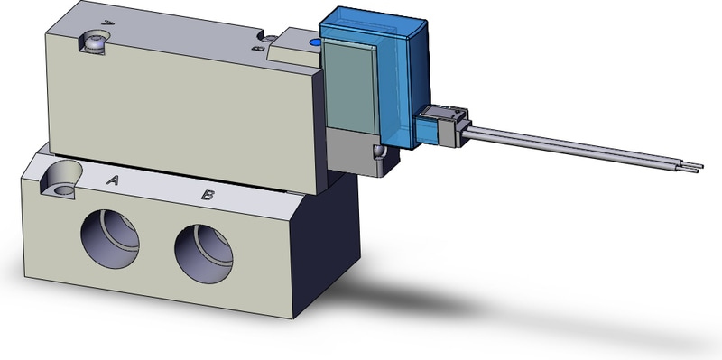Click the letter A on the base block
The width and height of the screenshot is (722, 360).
coord(114,180)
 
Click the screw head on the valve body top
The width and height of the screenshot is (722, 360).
coord(95,40)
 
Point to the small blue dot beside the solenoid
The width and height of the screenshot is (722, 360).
coord(313,42)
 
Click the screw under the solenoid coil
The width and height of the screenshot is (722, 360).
coord(378,152)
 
